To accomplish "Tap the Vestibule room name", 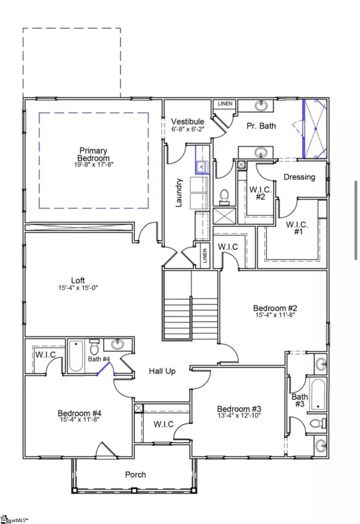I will (188, 122).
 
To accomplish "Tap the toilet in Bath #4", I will (94, 347).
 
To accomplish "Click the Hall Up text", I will (162, 372).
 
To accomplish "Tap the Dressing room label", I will (299, 177).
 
